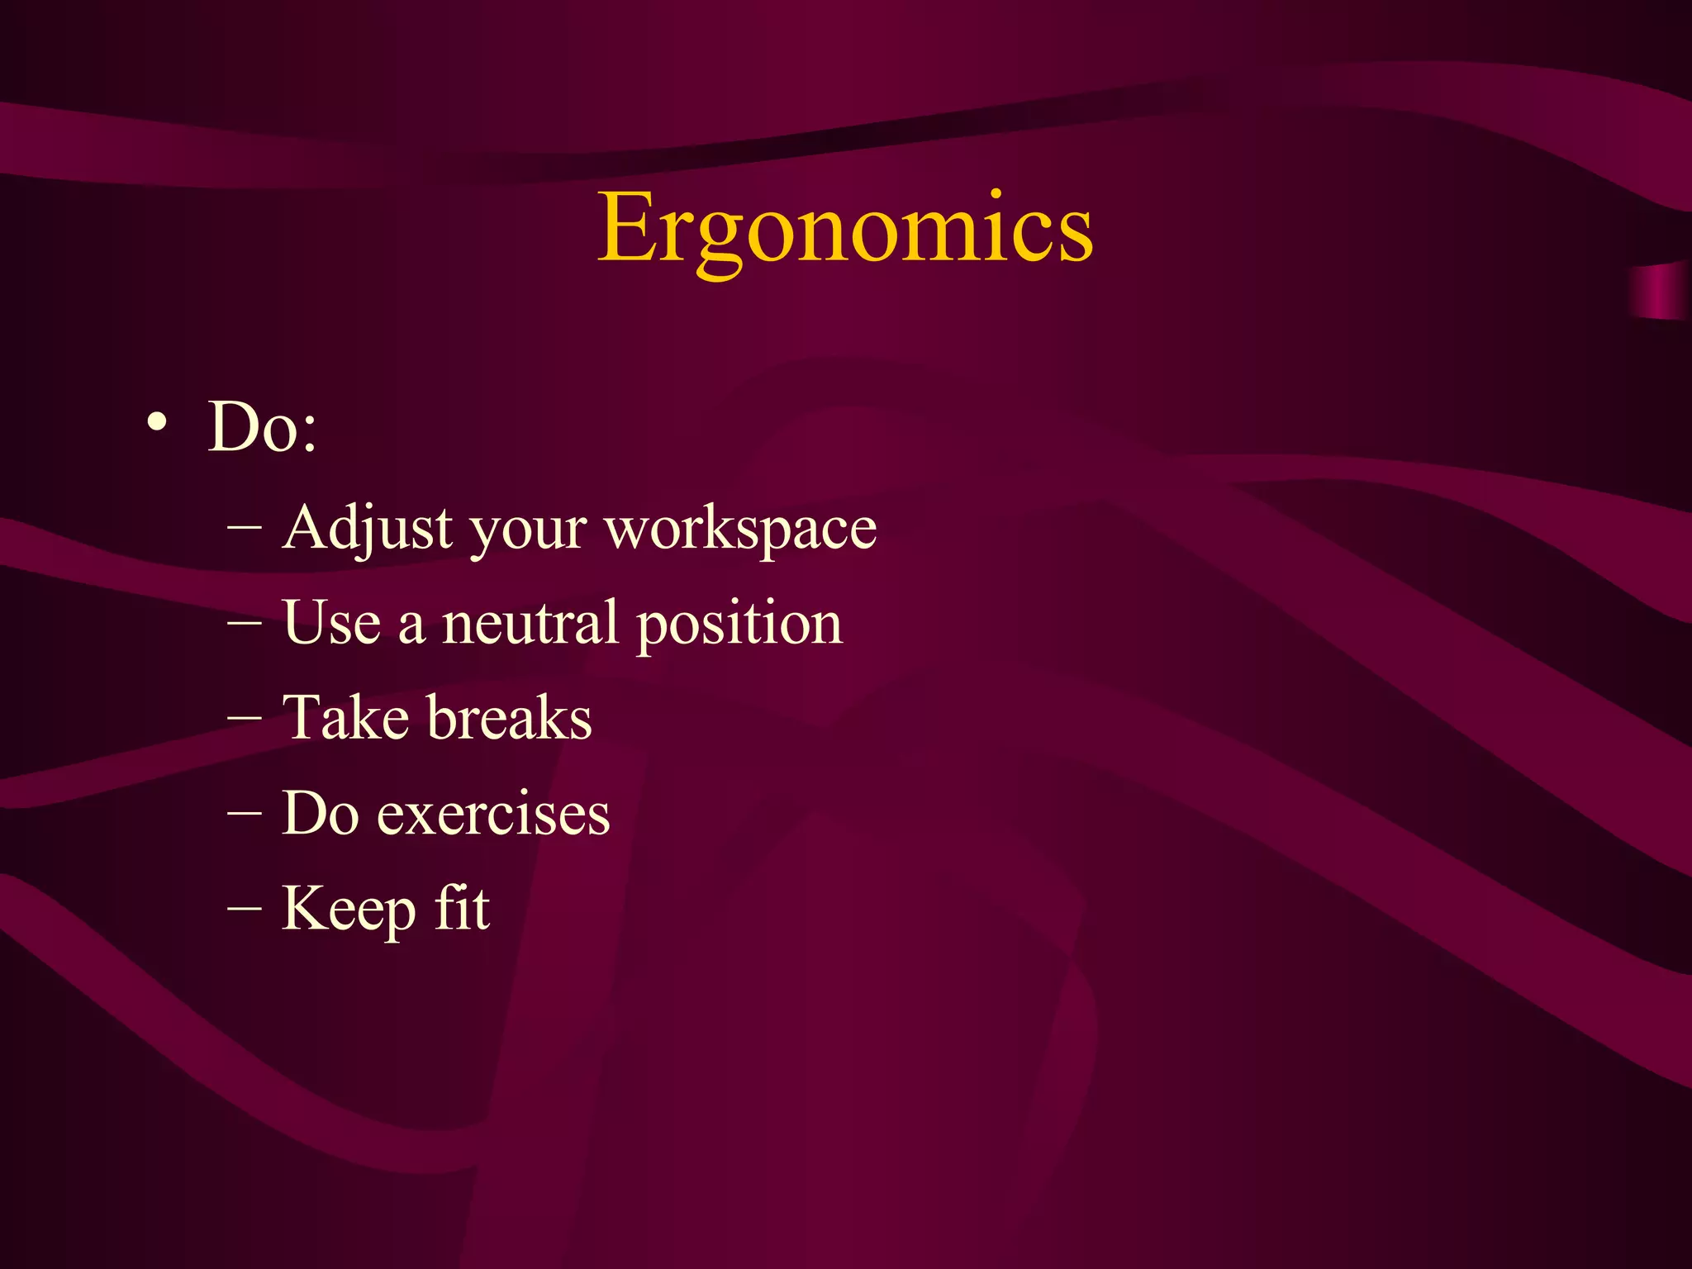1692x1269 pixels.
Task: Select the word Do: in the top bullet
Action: tap(262, 427)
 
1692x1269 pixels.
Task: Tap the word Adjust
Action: tap(367, 529)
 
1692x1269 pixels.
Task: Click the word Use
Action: tap(332, 623)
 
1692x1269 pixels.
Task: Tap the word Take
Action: tap(345, 717)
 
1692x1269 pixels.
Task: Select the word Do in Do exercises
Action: tap(320, 813)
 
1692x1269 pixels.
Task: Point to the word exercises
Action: tap(493, 815)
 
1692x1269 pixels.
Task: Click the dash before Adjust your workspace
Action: tap(245, 527)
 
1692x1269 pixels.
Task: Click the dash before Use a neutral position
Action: tap(245, 622)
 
